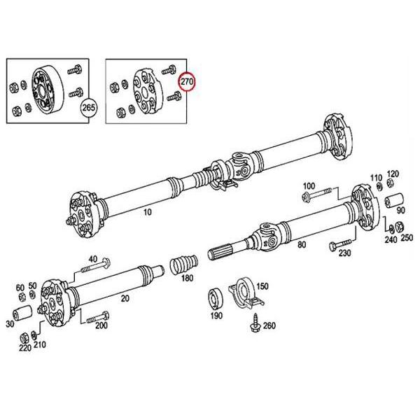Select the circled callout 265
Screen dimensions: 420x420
(88, 108)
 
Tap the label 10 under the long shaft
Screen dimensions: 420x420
(146, 210)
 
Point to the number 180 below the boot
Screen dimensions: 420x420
(187, 279)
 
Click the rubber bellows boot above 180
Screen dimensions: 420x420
(184, 267)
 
